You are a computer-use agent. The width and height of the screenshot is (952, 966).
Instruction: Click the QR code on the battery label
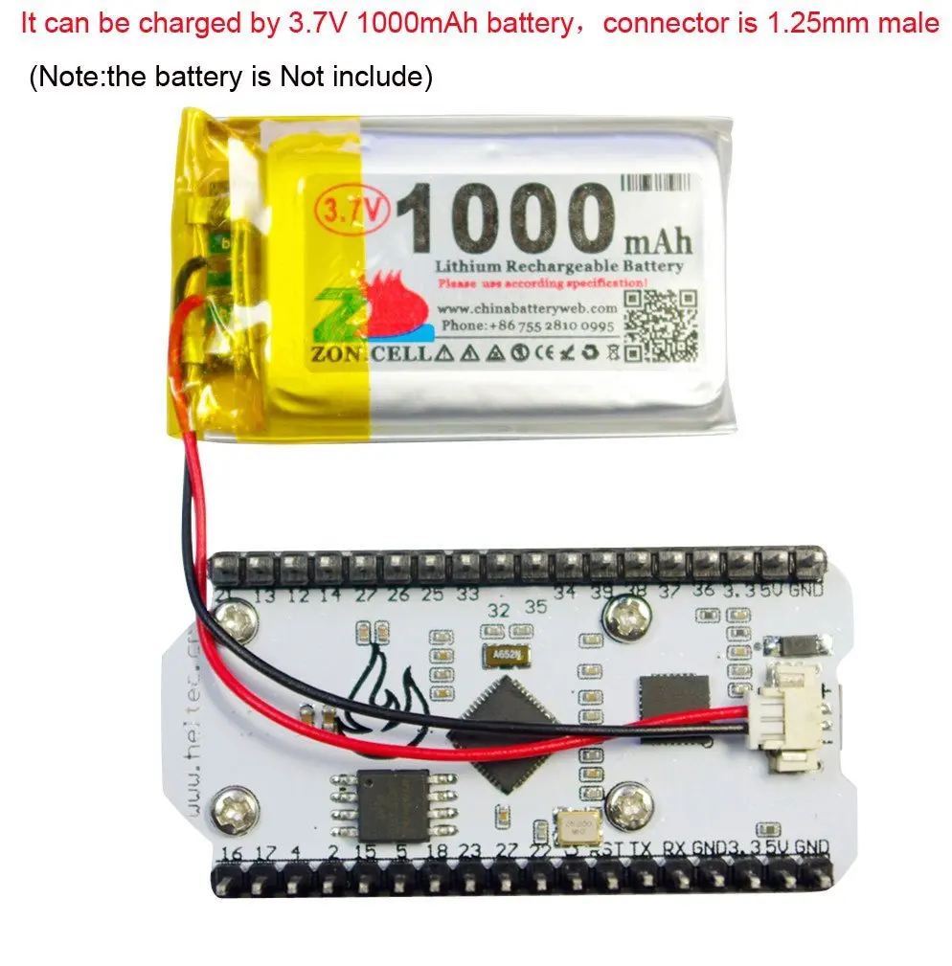coord(660,325)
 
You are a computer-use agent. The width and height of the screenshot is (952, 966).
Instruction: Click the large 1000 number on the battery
coord(507,218)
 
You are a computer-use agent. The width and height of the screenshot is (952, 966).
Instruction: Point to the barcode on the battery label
coord(656,181)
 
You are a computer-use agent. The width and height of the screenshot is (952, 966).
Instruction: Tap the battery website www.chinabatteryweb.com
coord(528,309)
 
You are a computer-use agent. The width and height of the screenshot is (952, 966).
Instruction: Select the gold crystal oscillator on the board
coord(577,823)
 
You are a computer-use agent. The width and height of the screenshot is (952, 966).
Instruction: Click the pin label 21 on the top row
coord(227,596)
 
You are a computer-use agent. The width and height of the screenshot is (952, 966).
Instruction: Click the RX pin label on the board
coord(674,848)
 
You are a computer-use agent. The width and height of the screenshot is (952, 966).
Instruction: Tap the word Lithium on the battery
coord(467,266)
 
